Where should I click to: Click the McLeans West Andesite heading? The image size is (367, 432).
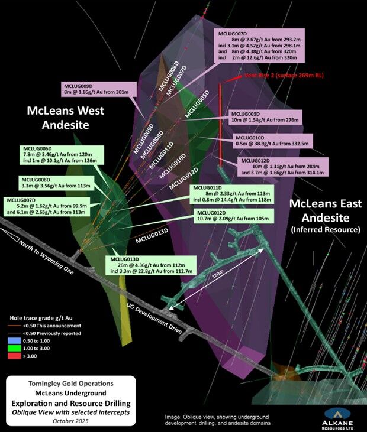click(x=65, y=118)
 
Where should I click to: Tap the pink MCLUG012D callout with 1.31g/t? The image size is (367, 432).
click(x=281, y=167)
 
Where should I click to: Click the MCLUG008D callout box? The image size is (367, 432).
click(x=56, y=183)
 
